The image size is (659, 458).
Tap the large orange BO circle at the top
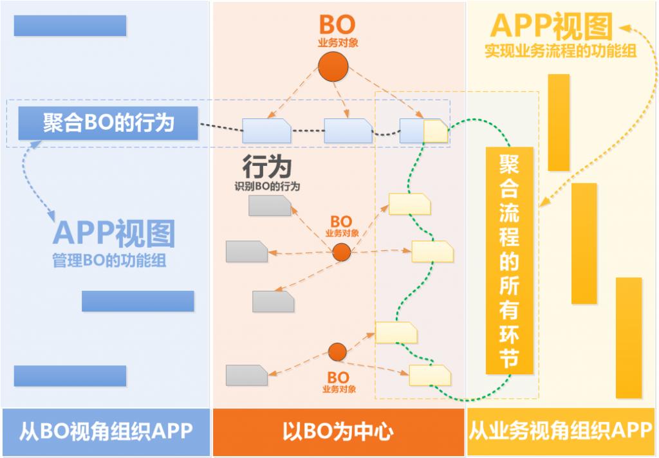[334, 67]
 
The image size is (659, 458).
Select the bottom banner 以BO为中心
[338, 431]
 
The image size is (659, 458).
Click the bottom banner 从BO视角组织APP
[106, 431]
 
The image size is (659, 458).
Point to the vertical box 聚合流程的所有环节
[509, 261]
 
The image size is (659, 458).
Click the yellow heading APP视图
[552, 27]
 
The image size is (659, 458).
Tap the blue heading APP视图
[114, 234]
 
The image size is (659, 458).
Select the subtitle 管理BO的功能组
[113, 261]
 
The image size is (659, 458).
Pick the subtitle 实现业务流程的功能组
[561, 51]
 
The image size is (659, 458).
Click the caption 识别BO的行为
[267, 187]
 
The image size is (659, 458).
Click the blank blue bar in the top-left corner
[70, 26]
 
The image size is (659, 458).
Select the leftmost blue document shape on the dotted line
[266, 131]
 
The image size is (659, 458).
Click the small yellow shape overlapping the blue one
[436, 131]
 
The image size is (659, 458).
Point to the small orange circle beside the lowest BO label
[337, 352]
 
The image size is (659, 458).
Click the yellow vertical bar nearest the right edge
[628, 338]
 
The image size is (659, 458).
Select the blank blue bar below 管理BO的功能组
[138, 301]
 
